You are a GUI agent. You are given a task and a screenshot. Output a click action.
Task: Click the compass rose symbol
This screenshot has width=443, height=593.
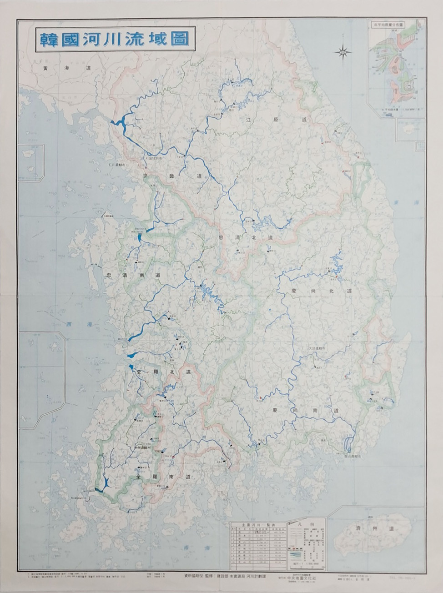coord(343,52)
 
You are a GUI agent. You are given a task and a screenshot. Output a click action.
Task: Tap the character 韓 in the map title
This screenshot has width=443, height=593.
coord(46,39)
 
